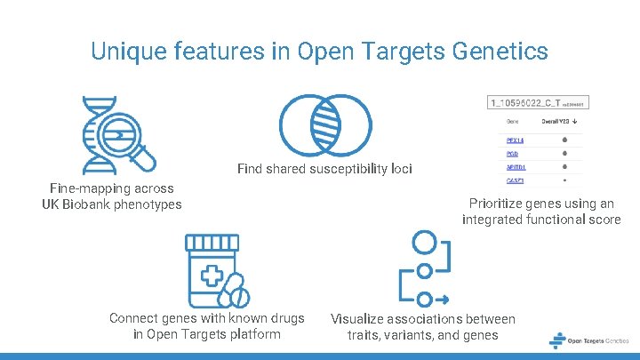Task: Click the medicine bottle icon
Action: coord(212,271)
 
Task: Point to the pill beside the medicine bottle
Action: coord(235,289)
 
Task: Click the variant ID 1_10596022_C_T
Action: coord(524,105)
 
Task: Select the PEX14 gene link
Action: coord(516,140)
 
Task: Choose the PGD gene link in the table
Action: coord(513,154)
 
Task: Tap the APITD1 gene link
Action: coord(516,167)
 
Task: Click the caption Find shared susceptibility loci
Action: coord(324,169)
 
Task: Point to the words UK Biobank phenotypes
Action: coord(111,204)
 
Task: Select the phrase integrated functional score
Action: coord(540,220)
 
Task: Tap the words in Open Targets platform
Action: coord(206,334)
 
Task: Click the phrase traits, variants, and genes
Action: coord(422,335)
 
